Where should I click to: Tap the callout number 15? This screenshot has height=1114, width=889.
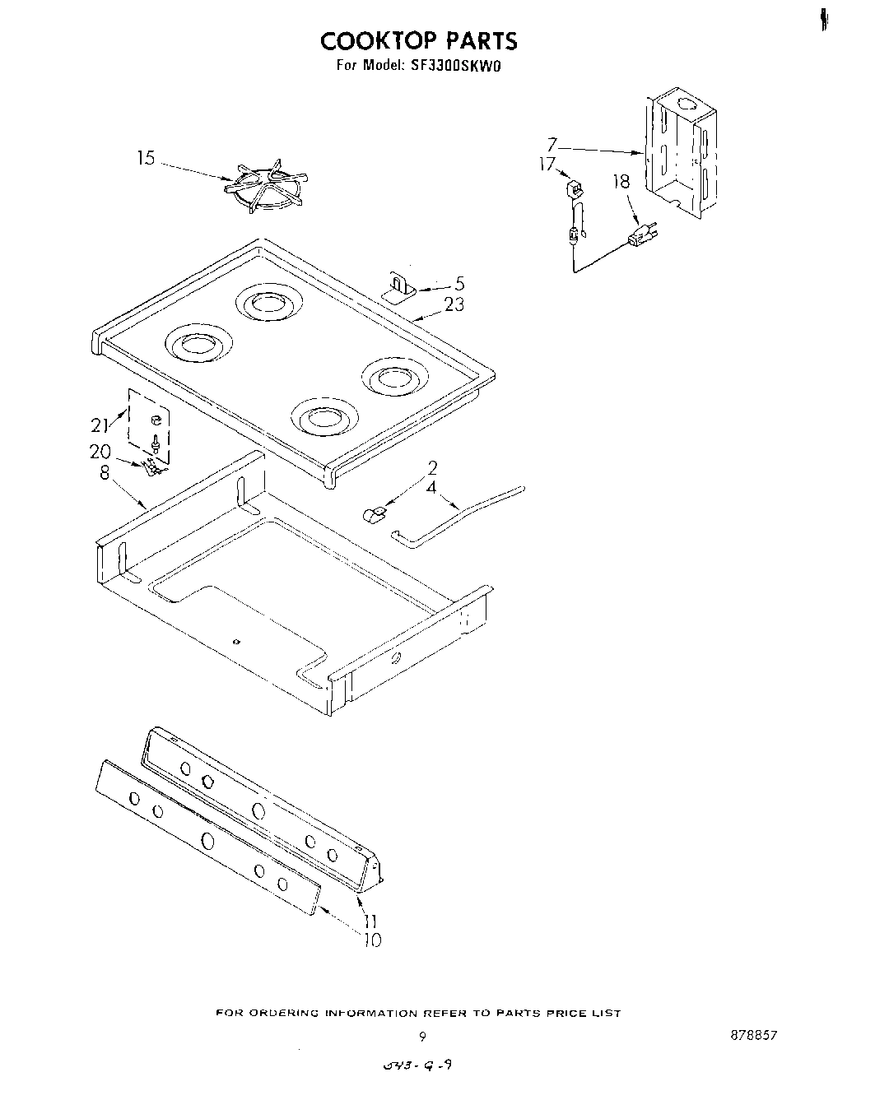tap(146, 158)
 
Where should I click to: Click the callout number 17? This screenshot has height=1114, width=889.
tap(547, 164)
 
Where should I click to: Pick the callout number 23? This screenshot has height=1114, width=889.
tap(454, 304)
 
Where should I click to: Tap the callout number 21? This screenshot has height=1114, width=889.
tap(100, 425)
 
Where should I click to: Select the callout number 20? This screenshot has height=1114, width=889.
tap(100, 451)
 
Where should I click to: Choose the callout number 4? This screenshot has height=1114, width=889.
tap(431, 487)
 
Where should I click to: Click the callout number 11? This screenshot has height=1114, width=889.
tap(370, 922)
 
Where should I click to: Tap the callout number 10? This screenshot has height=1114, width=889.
tap(372, 940)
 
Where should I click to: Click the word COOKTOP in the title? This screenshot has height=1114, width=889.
tap(367, 40)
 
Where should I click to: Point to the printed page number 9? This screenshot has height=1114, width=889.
tap(421, 1036)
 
